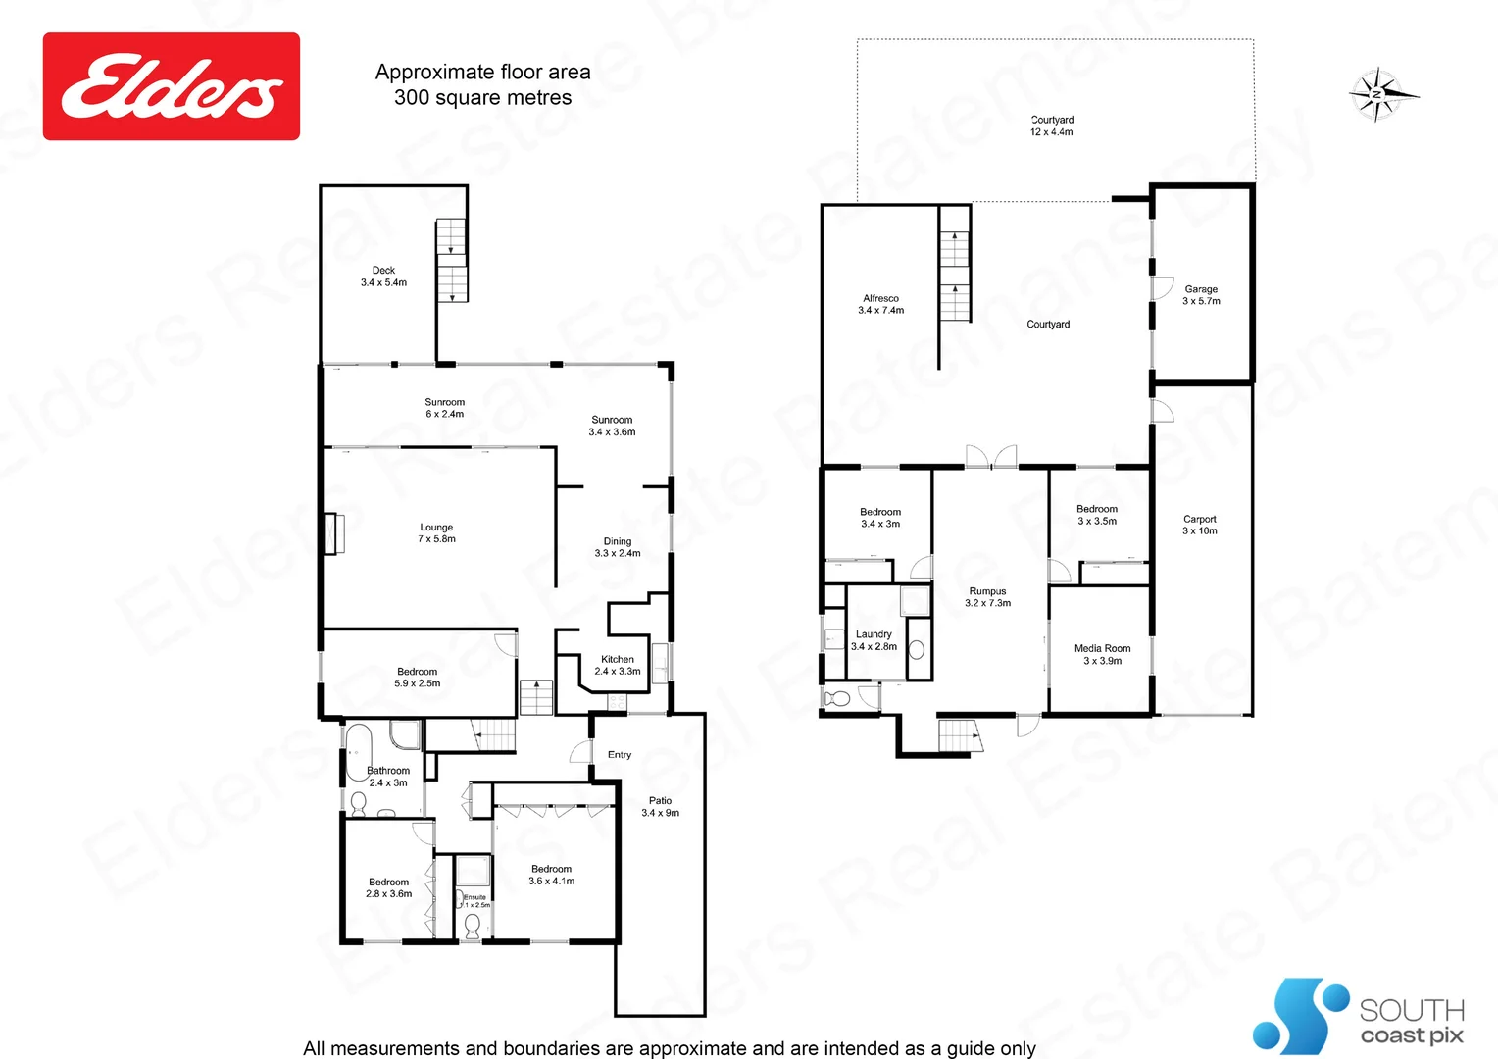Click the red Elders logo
(x=172, y=86)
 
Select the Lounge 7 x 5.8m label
(x=436, y=533)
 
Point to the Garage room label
(x=1201, y=295)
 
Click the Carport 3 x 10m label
(x=1199, y=526)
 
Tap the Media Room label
(x=1102, y=655)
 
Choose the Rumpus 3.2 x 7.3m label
(x=987, y=597)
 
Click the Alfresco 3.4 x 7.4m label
(x=880, y=304)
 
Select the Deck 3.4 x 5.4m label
(x=383, y=277)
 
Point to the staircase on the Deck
(x=452, y=260)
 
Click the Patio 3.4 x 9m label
(x=660, y=807)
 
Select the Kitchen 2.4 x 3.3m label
(x=617, y=666)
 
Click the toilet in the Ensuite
(x=472, y=926)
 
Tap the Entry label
(x=620, y=755)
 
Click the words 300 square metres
(x=482, y=98)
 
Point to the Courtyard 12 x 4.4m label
(x=1051, y=126)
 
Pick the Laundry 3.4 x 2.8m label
(x=874, y=640)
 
